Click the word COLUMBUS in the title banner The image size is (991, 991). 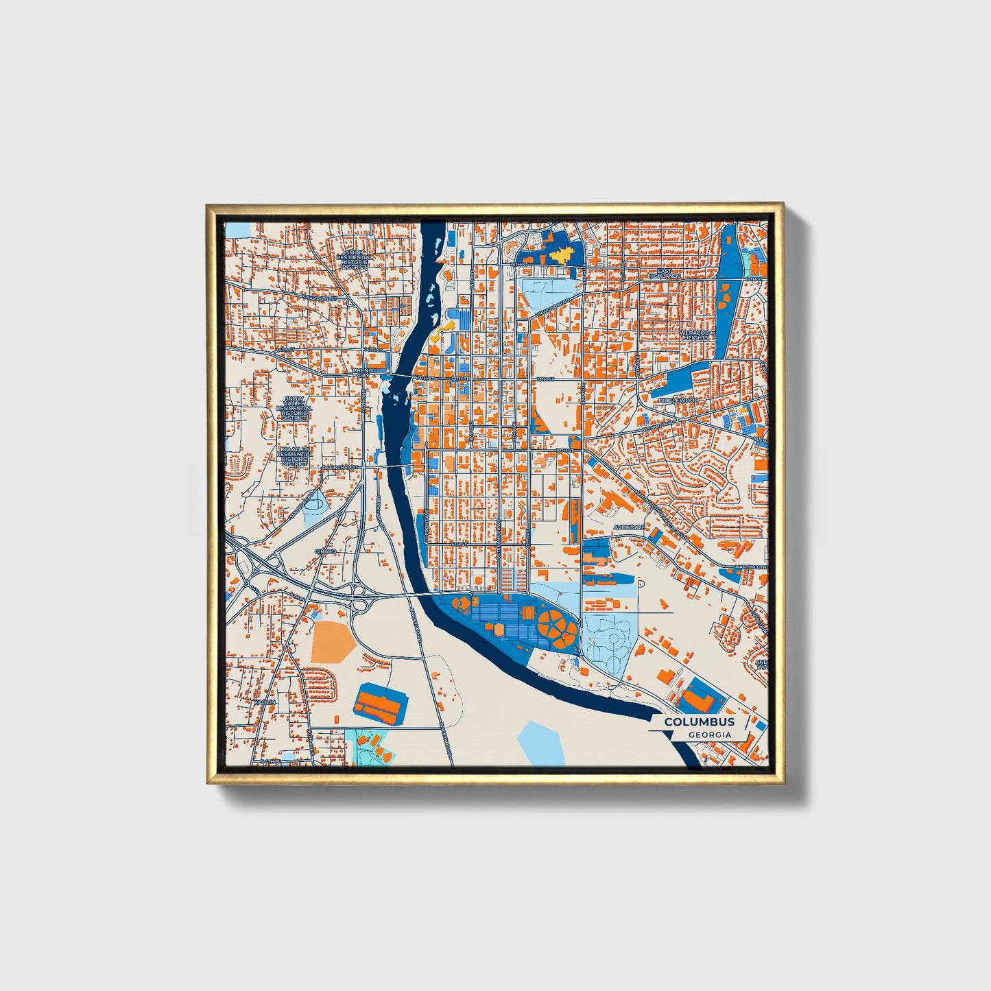pos(699,721)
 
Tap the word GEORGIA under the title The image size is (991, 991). pos(709,735)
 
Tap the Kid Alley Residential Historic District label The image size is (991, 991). pos(294,455)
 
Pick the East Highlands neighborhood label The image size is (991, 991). pos(665,273)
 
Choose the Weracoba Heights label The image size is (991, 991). pos(697,335)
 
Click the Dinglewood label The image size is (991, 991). pos(678,400)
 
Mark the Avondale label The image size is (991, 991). pos(629,527)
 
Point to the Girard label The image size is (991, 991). pos(325,551)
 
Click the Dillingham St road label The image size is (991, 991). pos(340,467)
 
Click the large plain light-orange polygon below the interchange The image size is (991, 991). pos(332,641)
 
